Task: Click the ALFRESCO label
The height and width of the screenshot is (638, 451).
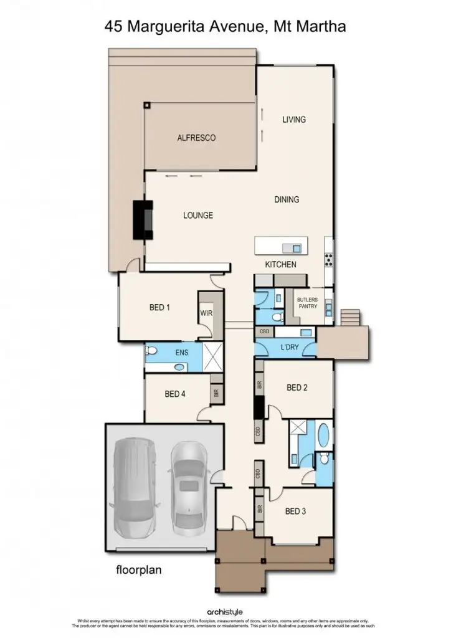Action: pos(196,138)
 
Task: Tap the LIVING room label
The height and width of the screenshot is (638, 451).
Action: pos(294,120)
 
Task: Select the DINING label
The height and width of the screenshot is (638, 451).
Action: pos(287,200)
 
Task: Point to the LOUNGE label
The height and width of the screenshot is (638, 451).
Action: pos(198,216)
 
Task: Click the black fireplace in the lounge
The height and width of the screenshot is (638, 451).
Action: pos(143,219)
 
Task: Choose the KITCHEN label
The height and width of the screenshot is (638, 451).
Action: pos(281,265)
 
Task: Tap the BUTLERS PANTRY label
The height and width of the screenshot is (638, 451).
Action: pos(307,303)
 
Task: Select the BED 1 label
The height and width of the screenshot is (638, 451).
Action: pos(160,307)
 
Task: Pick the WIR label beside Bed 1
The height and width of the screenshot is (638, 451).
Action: pos(206,313)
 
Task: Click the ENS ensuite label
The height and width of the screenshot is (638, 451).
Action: pos(181,353)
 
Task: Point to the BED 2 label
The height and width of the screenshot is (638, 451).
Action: pos(297,388)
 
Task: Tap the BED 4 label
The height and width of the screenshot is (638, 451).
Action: pos(175,394)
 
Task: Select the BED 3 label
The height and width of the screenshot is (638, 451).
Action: pos(295,512)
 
